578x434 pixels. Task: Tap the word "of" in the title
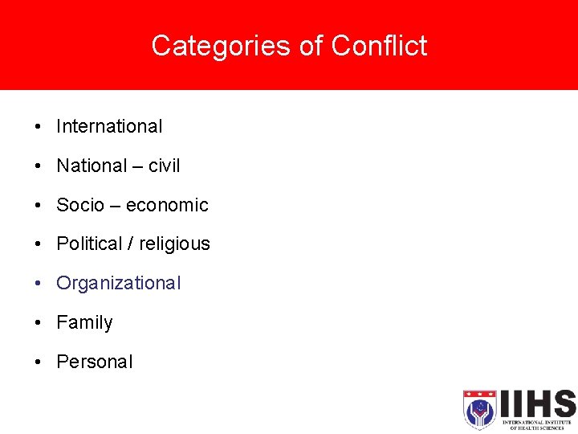click(x=310, y=46)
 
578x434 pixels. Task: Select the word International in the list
click(x=109, y=126)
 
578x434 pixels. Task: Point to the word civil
click(x=165, y=166)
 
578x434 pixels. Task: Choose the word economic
click(x=167, y=205)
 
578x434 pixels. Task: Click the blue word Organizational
click(x=119, y=283)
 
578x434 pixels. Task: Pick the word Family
click(x=84, y=322)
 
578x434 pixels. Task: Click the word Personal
click(x=94, y=362)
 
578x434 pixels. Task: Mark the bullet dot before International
click(x=38, y=127)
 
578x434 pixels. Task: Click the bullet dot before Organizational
click(x=38, y=284)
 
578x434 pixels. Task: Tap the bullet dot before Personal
click(x=38, y=362)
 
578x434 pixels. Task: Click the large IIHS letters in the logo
click(x=536, y=403)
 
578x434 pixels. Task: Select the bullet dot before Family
click(x=38, y=323)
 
